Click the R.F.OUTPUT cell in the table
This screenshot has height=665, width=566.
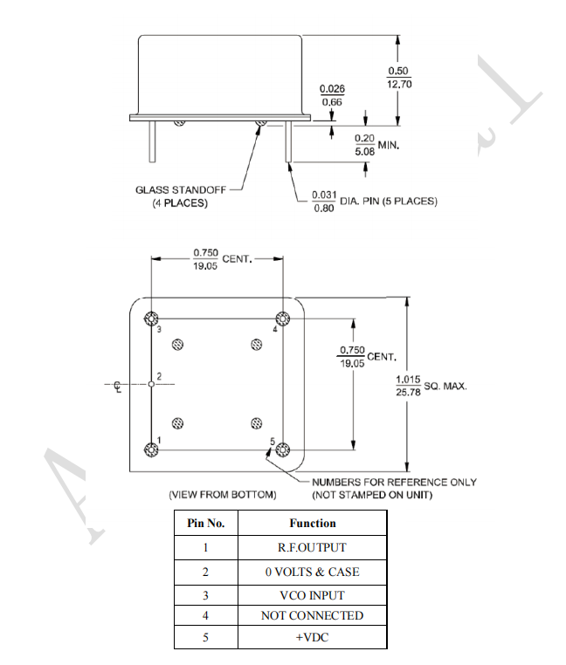tap(312, 547)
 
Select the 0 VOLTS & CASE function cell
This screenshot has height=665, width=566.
tap(312, 572)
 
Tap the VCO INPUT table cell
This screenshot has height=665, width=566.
tap(312, 595)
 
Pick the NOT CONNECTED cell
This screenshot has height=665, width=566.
tap(312, 615)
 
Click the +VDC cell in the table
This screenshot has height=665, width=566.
tap(312, 638)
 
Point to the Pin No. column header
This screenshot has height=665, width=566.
tap(206, 524)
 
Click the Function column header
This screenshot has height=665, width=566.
tap(312, 524)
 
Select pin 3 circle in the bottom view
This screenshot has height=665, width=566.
tap(151, 318)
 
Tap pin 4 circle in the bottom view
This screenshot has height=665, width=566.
tap(283, 318)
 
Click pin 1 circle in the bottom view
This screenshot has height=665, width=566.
tap(151, 449)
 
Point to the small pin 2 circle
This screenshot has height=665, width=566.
tap(151, 384)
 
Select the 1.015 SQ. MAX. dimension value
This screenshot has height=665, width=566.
tap(408, 385)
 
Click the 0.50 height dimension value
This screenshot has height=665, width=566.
tap(398, 77)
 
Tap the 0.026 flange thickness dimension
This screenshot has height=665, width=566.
tap(332, 95)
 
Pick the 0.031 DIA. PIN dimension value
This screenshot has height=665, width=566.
tap(322, 202)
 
